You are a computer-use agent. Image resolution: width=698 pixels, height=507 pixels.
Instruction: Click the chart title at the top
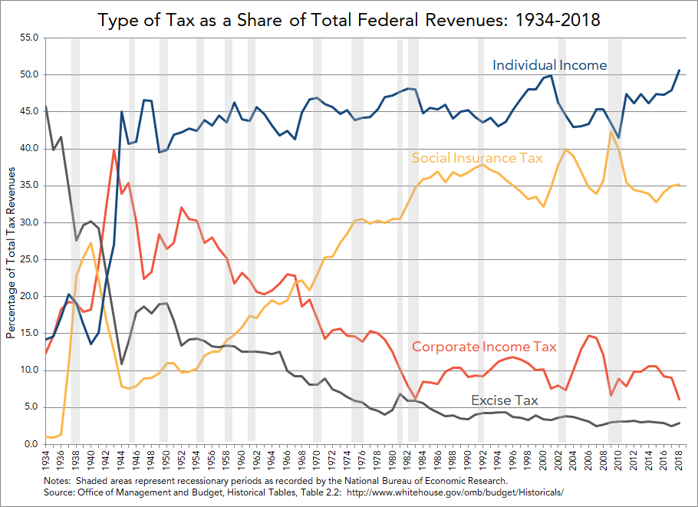(x=349, y=21)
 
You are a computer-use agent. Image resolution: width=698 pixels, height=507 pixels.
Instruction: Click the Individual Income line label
(x=549, y=65)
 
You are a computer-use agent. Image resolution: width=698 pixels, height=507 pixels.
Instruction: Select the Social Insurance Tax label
(x=477, y=159)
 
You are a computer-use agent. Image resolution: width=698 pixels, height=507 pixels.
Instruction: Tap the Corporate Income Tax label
(x=483, y=347)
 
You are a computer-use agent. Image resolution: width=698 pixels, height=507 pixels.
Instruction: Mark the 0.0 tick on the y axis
(x=30, y=444)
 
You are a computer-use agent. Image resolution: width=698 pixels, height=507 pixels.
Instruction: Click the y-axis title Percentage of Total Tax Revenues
(x=11, y=240)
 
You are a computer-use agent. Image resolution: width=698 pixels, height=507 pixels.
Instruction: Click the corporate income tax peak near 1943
(x=114, y=150)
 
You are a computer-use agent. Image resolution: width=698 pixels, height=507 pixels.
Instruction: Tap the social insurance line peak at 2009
(x=611, y=132)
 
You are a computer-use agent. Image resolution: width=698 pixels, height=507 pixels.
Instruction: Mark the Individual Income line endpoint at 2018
(x=679, y=71)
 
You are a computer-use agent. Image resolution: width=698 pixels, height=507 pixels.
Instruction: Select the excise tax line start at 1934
(x=46, y=107)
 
